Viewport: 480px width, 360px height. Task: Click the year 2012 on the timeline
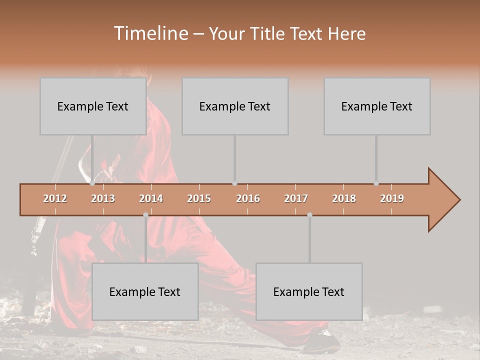coord(55,199)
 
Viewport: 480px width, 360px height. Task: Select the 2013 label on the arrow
coord(103,199)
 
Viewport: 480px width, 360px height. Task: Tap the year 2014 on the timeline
coord(151,199)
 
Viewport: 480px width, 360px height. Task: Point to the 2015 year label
coord(199,199)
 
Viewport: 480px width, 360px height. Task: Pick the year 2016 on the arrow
coord(248,199)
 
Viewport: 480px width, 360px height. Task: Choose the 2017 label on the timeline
coord(296,199)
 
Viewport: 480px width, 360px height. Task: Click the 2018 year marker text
coord(344,199)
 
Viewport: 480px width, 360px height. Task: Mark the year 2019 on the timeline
coord(392,199)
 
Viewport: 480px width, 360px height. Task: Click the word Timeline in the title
coord(150,33)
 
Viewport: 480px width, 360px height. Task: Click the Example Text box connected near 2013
coord(93,106)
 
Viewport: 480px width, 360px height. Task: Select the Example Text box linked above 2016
coord(235,106)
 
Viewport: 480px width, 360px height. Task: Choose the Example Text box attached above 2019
coord(377,106)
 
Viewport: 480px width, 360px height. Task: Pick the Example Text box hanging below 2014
coord(145,291)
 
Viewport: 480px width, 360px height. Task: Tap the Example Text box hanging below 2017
coord(309,291)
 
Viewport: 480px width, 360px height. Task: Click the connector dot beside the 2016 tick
coord(234,183)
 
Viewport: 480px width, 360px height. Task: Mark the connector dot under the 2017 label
coord(309,215)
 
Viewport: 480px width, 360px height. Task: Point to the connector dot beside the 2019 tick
coord(376,183)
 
